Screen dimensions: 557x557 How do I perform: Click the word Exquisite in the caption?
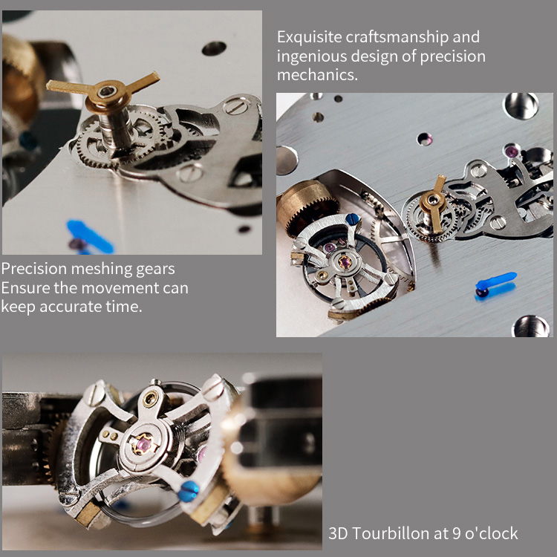(310, 37)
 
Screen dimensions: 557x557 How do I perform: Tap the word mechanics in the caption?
(317, 74)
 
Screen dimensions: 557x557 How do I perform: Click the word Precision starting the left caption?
(34, 269)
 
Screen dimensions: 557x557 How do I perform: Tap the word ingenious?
(312, 57)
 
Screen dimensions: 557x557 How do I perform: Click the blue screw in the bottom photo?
(188, 491)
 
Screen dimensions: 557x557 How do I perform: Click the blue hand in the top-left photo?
(90, 236)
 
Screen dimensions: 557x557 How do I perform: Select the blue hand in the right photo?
(495, 282)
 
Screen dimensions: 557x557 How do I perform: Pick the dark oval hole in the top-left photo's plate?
(214, 48)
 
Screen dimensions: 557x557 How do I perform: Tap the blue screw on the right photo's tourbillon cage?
(353, 219)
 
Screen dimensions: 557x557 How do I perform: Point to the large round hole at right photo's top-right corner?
(521, 105)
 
